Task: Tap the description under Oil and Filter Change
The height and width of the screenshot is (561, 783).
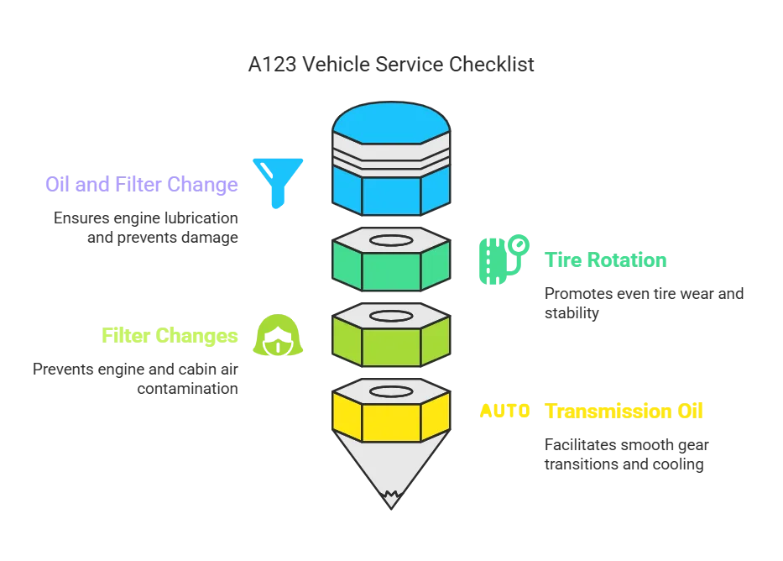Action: [x=147, y=228]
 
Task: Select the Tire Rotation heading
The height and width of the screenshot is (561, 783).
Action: [x=607, y=260]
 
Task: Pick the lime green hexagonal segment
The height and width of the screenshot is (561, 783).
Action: [x=390, y=345]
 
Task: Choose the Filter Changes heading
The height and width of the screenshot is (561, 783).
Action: [x=170, y=336]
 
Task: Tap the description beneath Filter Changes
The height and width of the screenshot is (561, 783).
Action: [x=138, y=380]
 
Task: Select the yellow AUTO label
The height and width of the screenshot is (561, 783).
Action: [x=504, y=412]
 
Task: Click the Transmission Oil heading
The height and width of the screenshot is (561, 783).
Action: [x=624, y=412]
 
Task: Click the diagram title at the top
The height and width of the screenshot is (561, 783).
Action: [x=391, y=64]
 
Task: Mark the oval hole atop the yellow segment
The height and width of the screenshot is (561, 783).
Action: [x=390, y=391]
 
